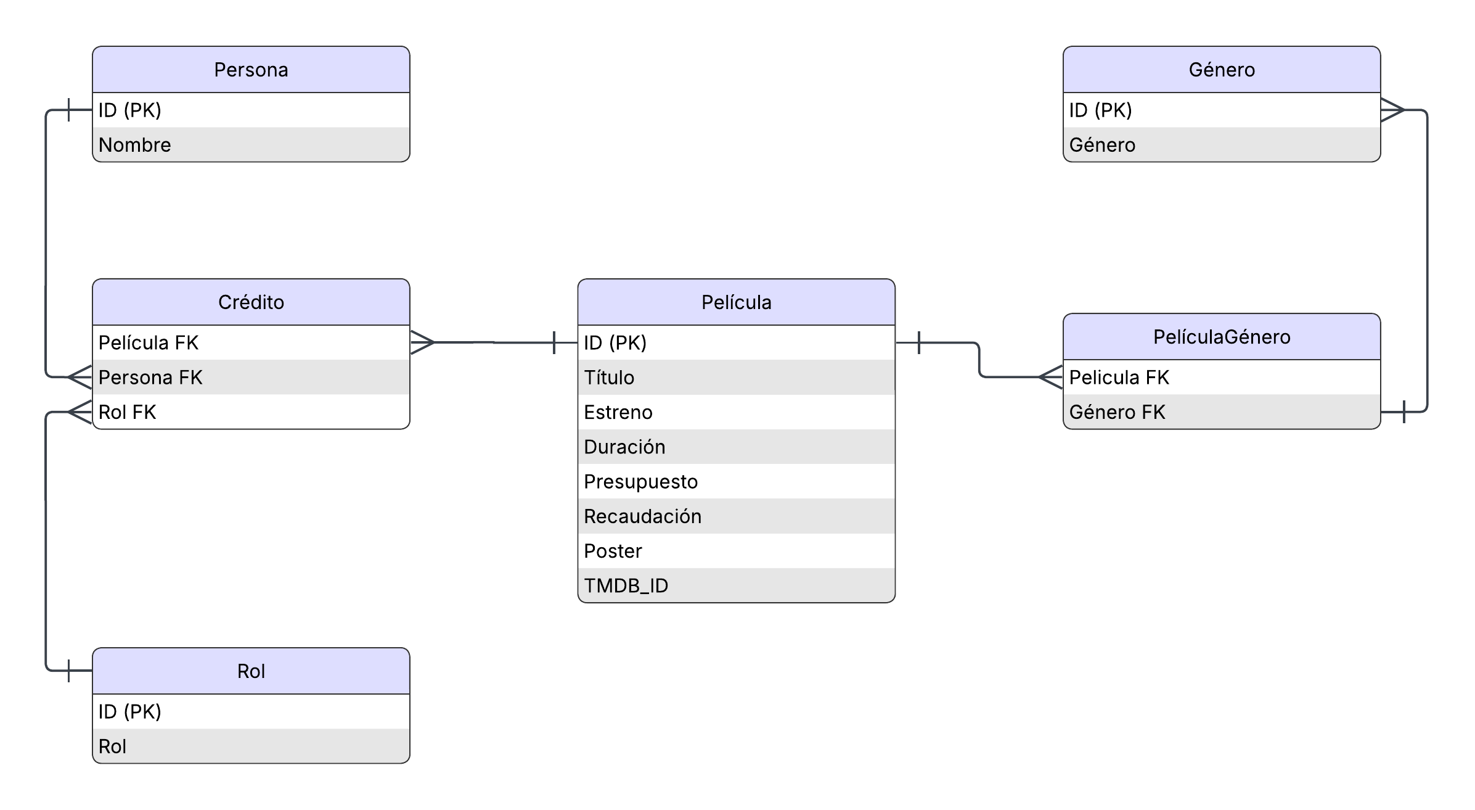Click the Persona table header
(251, 70)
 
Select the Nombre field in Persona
(251, 145)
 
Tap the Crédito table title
(251, 302)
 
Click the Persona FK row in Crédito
(251, 377)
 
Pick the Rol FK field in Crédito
(251, 411)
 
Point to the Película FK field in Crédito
(251, 342)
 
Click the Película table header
(736, 302)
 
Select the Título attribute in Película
(736, 377)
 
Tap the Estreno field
(736, 412)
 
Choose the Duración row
(736, 447)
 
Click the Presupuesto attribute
(736, 481)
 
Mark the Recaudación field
(736, 516)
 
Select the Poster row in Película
(736, 551)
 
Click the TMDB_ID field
(736, 585)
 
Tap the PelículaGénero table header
(1222, 337)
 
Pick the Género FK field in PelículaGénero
(1222, 411)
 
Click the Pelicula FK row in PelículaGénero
(1222, 377)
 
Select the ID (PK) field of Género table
(1222, 110)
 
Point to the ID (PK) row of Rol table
(251, 712)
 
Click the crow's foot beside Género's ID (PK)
(1392, 110)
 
